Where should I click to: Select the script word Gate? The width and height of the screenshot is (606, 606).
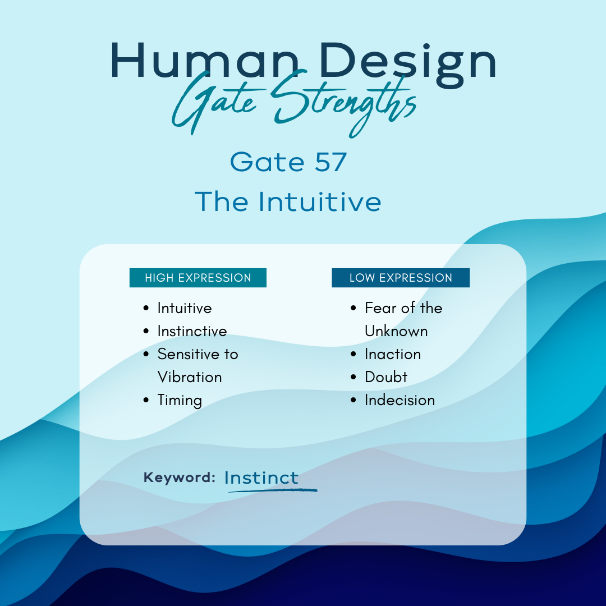pos(217,103)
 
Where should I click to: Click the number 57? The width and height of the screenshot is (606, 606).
pos(331,162)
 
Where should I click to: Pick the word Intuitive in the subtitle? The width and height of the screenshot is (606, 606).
pos(320,201)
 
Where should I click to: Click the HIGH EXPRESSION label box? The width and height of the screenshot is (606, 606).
pos(198,278)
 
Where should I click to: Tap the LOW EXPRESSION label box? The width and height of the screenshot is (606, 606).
pos(401,278)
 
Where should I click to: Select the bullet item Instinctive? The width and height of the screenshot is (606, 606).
pos(192,331)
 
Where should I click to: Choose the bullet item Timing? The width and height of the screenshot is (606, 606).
pos(180,401)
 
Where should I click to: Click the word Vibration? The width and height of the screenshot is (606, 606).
pos(190,377)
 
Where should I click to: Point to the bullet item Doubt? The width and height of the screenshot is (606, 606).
pos(386,377)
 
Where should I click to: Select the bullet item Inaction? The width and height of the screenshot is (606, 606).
pos(393,355)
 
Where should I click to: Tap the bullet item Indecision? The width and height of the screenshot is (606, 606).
pos(400,401)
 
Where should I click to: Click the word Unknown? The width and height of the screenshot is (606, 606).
pos(397,331)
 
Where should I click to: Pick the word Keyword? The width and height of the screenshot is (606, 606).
pos(180,478)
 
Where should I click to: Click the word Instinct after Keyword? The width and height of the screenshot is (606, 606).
pos(261,478)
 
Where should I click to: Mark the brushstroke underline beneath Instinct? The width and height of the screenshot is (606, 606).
pos(273,490)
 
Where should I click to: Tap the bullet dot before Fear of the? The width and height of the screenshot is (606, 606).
pos(353,308)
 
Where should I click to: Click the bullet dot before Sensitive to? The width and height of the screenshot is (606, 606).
pos(146,355)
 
